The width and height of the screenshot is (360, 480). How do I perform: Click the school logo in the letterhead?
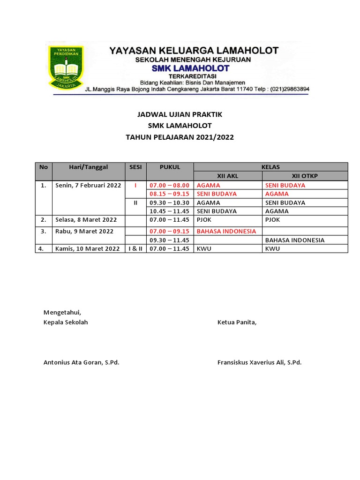tap(66, 67)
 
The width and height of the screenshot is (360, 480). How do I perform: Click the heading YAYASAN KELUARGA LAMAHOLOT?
tap(194, 51)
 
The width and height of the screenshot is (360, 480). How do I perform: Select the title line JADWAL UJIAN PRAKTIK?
tap(180, 114)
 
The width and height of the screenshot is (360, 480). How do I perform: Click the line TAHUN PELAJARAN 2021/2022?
tap(180, 137)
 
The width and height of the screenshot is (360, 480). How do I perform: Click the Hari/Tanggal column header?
tap(88, 167)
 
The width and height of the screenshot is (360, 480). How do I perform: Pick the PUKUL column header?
tap(169, 167)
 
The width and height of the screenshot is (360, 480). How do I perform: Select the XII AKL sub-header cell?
tap(228, 176)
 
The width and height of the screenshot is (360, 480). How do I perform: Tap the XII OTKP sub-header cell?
tap(305, 176)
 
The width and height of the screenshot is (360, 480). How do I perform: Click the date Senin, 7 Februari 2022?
tap(88, 185)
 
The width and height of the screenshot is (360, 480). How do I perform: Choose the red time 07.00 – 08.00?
tap(169, 185)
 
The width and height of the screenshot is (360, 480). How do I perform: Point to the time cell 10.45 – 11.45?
tap(169, 211)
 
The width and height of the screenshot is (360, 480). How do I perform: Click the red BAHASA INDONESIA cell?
tap(226, 231)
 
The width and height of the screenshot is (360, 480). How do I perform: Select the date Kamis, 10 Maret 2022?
tap(88, 249)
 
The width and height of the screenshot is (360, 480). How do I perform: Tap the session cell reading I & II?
tap(135, 249)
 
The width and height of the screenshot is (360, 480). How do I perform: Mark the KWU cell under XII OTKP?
tap(272, 249)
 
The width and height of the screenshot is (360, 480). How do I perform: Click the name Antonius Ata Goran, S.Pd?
tap(81, 362)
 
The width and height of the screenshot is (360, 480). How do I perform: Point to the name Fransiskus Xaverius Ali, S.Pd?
tap(259, 362)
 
